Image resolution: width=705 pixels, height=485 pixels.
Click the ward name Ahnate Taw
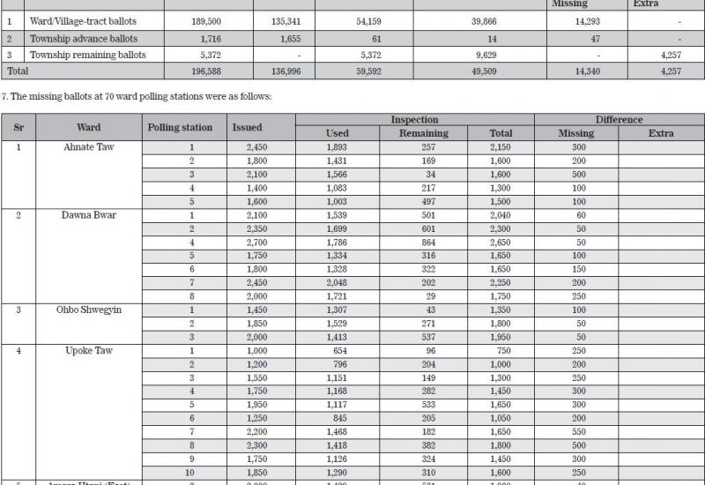[x=88, y=146]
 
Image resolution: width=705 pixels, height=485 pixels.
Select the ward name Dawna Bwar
[x=88, y=215]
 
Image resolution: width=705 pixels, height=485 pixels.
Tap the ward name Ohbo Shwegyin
[x=88, y=310]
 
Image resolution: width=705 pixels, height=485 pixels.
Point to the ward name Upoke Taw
[x=88, y=351]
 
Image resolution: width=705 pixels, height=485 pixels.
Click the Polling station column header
[x=180, y=127]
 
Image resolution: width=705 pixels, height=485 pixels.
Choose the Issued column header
[x=247, y=127]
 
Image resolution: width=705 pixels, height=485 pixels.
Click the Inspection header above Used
[x=414, y=119]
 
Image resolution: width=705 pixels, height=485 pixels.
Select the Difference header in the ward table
[x=619, y=119]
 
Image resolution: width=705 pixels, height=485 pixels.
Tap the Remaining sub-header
[x=424, y=133]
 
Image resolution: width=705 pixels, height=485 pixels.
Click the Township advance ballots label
[x=85, y=38]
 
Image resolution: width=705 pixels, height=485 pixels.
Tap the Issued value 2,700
[x=247, y=242]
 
